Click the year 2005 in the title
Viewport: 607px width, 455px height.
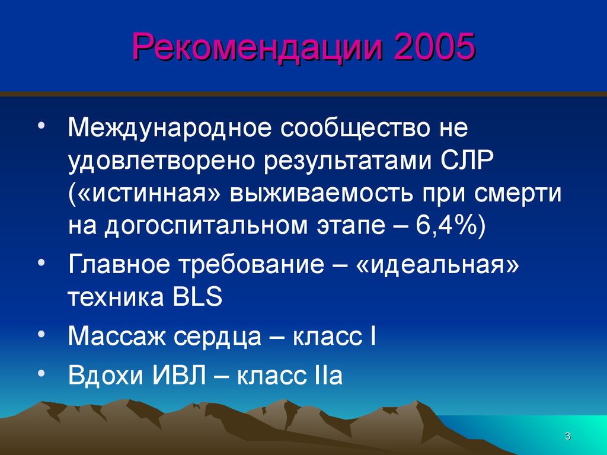pos(435,46)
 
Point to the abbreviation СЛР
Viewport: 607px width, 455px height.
pos(467,160)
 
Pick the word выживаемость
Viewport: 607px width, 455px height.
pos(322,194)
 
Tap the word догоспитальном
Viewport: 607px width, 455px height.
pos(206,226)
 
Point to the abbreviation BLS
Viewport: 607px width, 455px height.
pos(197,297)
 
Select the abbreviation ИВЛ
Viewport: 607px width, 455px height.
pos(179,374)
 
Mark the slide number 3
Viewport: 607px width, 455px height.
pos(567,436)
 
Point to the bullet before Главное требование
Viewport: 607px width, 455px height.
pos(42,261)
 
